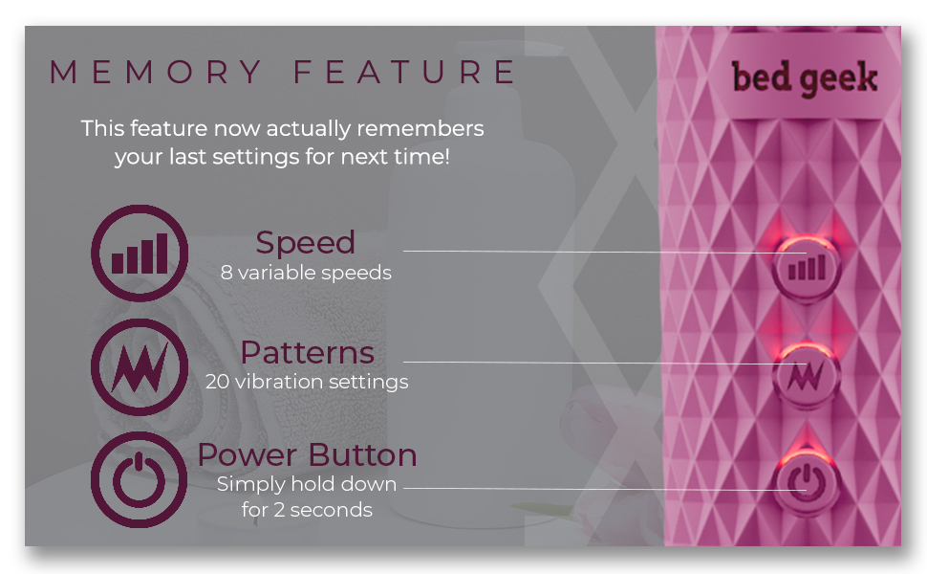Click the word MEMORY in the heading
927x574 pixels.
[x=157, y=73]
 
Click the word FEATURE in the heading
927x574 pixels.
[x=405, y=73]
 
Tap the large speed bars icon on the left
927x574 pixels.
[x=140, y=253]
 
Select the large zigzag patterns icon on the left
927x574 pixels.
[x=140, y=366]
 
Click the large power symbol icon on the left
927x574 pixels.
[x=140, y=478]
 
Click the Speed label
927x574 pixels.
[x=305, y=243]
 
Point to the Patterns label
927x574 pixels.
[x=307, y=352]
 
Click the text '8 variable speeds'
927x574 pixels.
[x=306, y=273]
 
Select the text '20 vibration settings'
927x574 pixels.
[x=307, y=382]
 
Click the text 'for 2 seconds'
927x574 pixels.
[x=307, y=510]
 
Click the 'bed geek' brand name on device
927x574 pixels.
[x=805, y=77]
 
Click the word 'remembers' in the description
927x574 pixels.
[x=431, y=128]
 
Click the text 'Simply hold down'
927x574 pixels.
[x=307, y=484]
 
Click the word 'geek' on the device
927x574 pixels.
[x=839, y=77]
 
